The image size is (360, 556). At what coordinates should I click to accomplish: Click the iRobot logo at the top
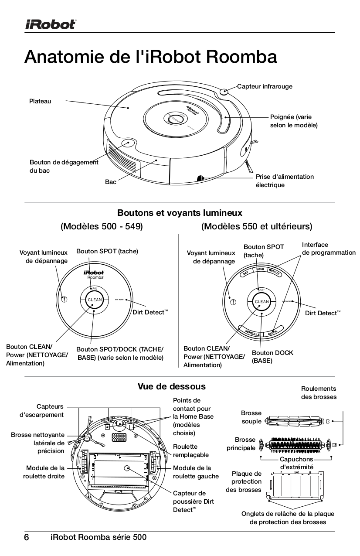[x=50, y=24]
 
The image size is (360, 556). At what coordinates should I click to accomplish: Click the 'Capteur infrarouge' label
[x=265, y=86]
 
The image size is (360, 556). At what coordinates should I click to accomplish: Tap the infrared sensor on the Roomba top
[x=224, y=92]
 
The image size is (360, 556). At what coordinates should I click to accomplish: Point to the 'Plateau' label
[x=40, y=101]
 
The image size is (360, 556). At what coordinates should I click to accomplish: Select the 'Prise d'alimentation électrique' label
[x=284, y=181]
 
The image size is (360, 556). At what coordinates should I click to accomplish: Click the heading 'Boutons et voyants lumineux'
[x=180, y=213]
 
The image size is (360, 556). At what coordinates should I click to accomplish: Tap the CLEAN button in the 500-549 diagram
[x=95, y=300]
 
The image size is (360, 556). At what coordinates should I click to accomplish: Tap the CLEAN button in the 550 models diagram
[x=262, y=302]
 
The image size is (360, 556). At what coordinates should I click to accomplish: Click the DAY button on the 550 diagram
[x=246, y=273]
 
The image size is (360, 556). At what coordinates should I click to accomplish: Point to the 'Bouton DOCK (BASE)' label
[x=272, y=357]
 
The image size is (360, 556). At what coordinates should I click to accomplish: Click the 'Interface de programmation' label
[x=328, y=249]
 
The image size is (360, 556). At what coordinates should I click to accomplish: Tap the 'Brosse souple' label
[x=251, y=417]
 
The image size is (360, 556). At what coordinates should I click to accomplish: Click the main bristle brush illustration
[x=296, y=445]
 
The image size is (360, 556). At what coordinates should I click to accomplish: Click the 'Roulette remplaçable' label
[x=190, y=450]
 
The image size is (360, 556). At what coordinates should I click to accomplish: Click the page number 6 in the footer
[x=27, y=537]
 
